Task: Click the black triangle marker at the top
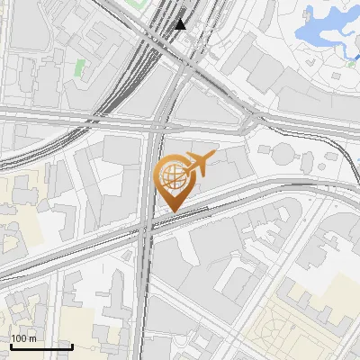181,23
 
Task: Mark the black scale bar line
41,346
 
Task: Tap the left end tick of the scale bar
11,345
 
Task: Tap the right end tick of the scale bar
72,345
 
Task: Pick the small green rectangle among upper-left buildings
79,67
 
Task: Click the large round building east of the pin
282,152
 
